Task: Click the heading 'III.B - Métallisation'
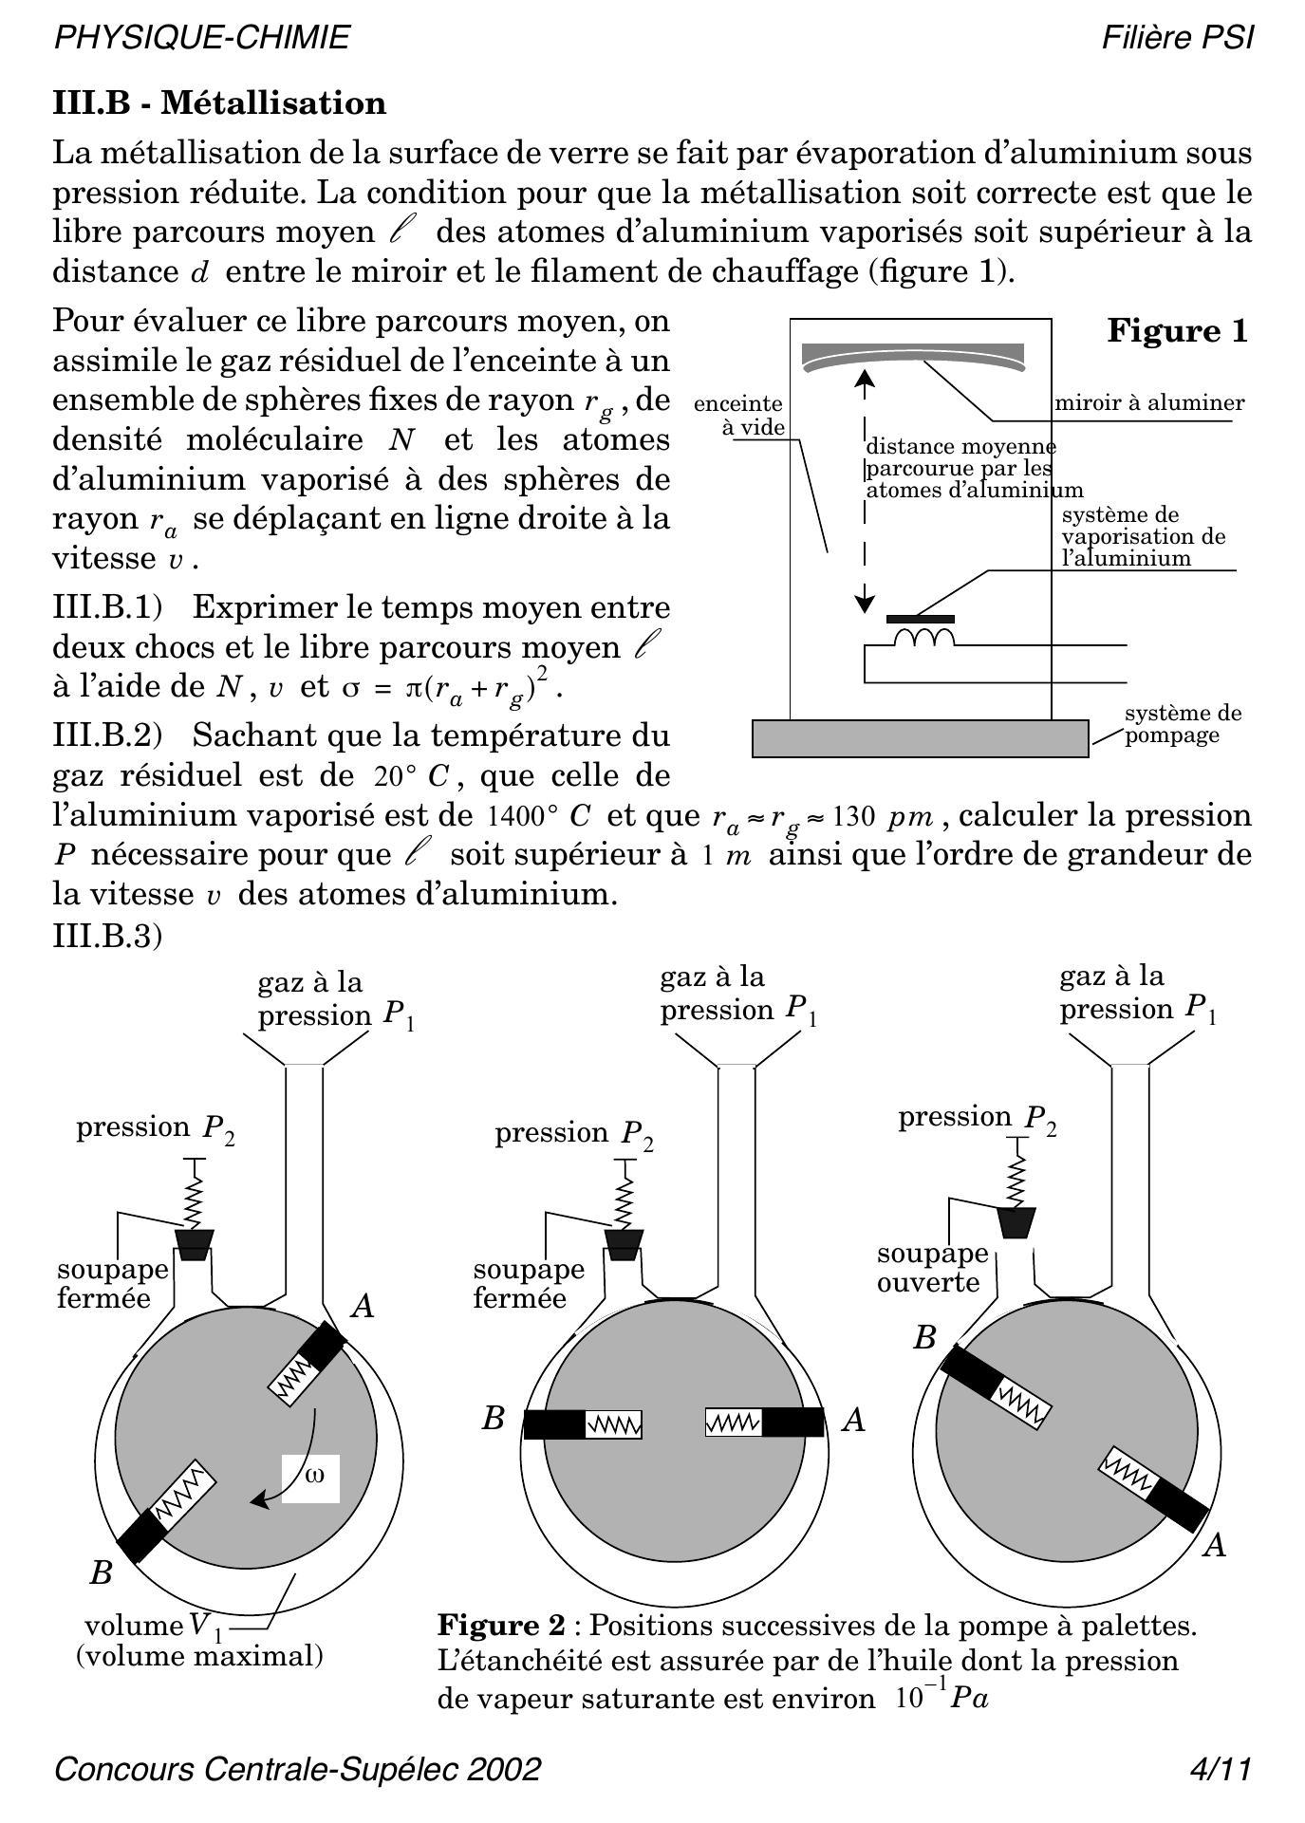click(219, 102)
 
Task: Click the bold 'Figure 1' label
click(1177, 331)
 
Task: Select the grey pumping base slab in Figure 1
click(920, 738)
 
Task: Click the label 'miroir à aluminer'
click(1149, 402)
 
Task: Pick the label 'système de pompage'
click(1183, 724)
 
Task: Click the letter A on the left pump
click(362, 1308)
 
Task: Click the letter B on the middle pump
click(493, 1419)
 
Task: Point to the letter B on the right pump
click(924, 1338)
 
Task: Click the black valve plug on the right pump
click(1016, 1222)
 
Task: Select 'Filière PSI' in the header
click(1177, 38)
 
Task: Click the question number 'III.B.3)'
click(107, 936)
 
